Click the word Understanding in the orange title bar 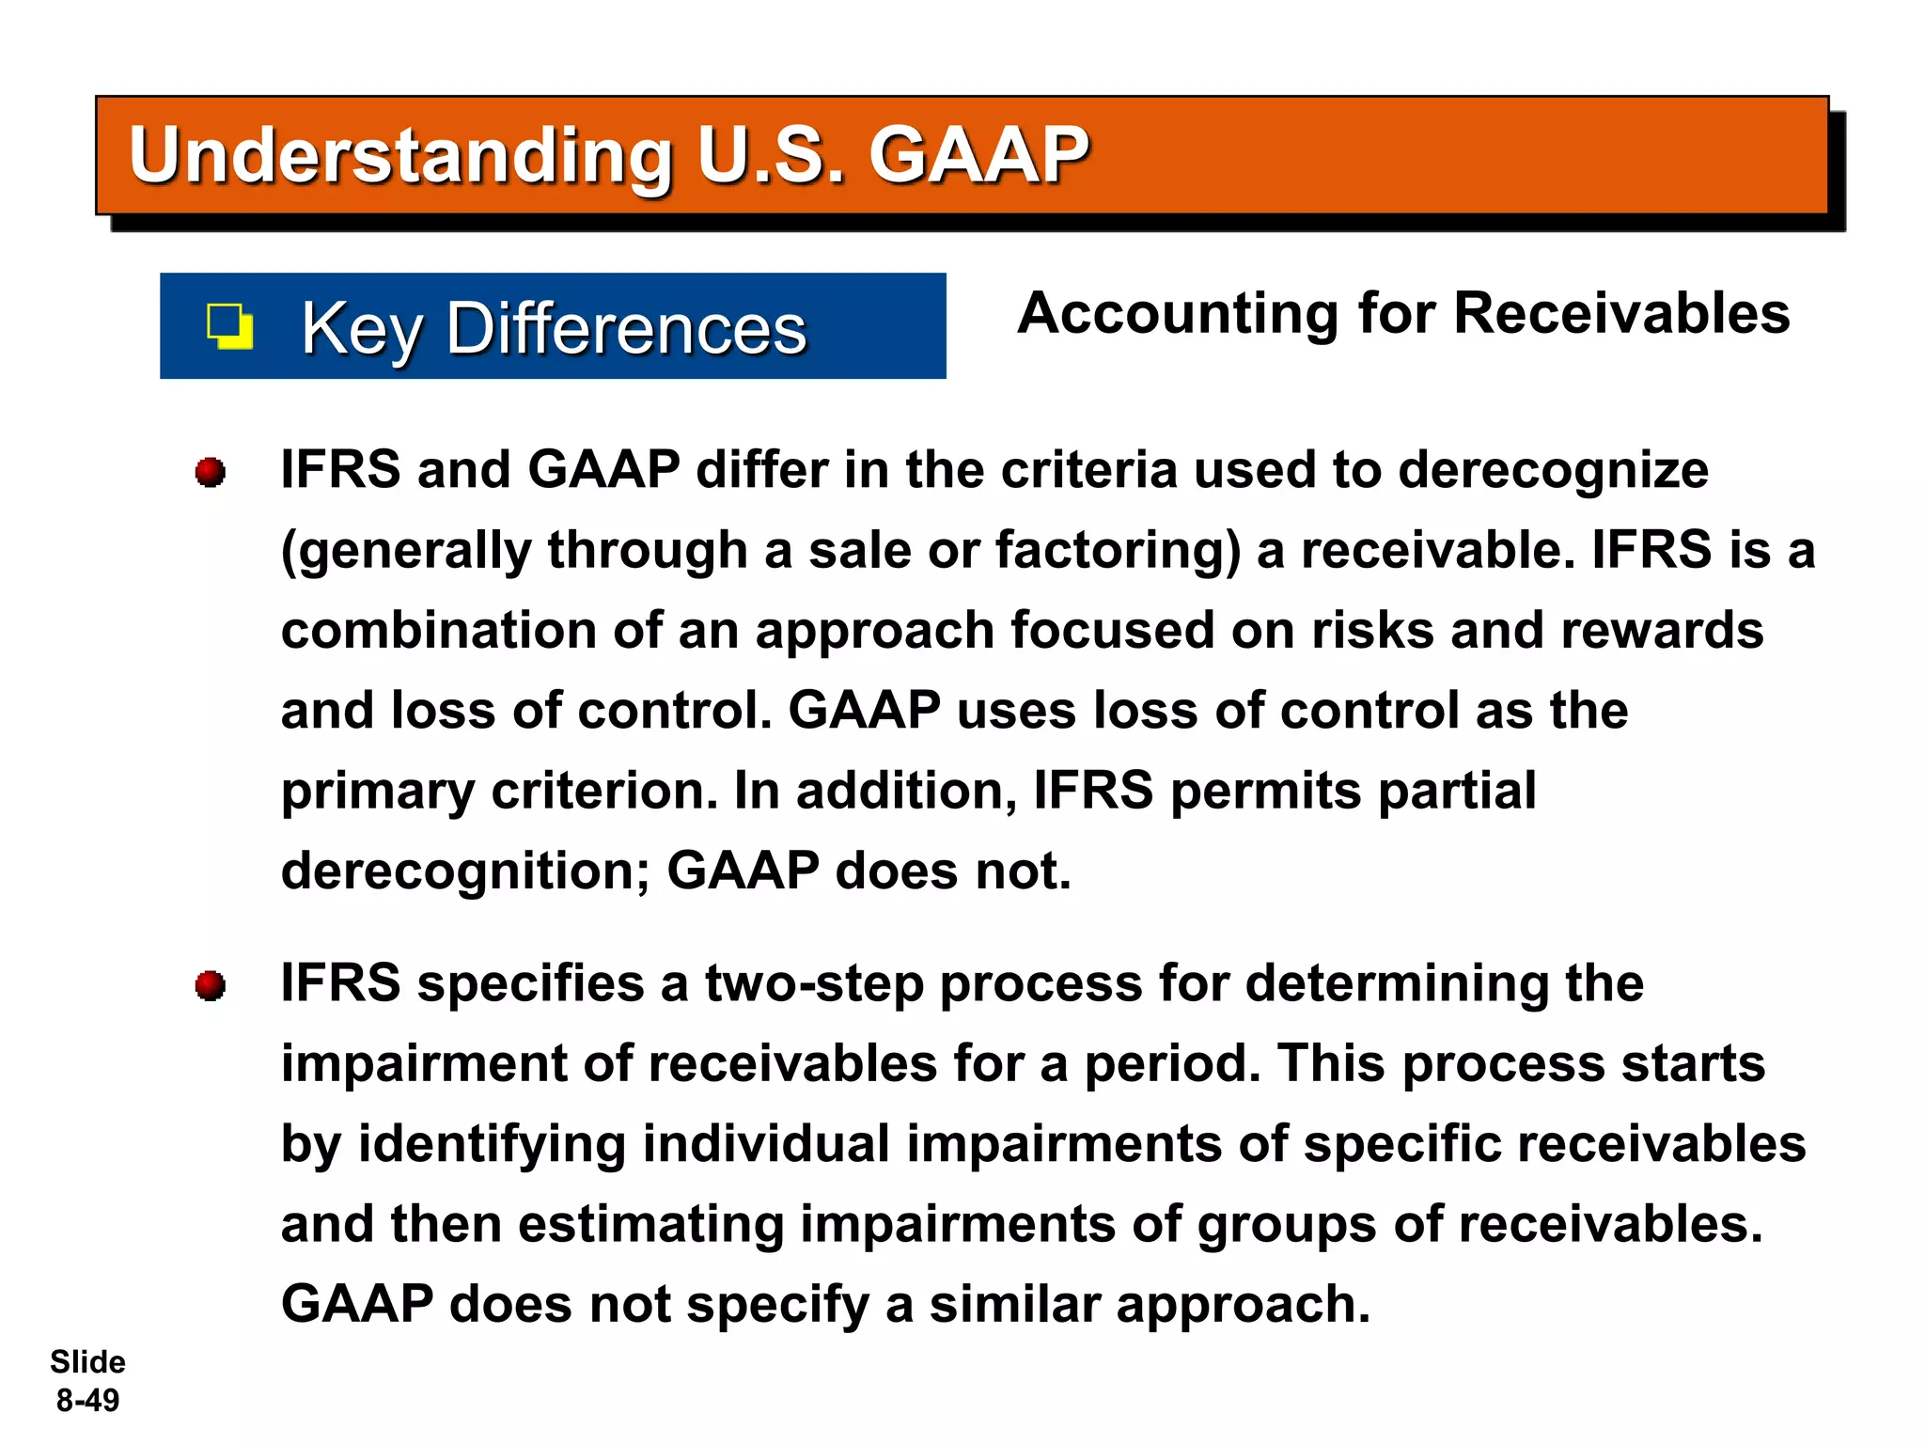pyautogui.click(x=400, y=156)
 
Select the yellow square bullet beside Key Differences pyautogui.click(x=229, y=326)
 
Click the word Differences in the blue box pyautogui.click(x=626, y=329)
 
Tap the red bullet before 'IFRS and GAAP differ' pyautogui.click(x=211, y=472)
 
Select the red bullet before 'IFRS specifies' pyautogui.click(x=211, y=986)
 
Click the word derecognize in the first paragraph pyautogui.click(x=1553, y=470)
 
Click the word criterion pyautogui.click(x=603, y=791)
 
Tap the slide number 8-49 pyautogui.click(x=88, y=1401)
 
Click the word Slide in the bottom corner pyautogui.click(x=87, y=1362)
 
